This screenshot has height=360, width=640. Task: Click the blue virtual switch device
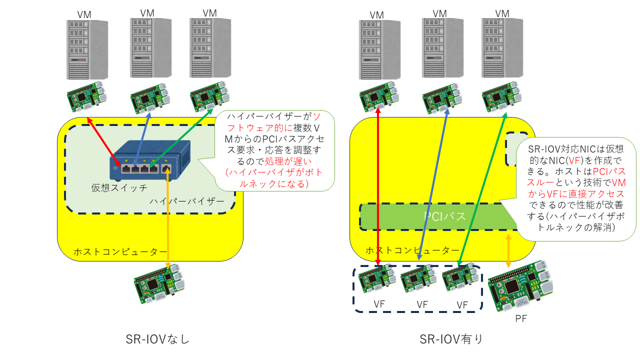click(150, 160)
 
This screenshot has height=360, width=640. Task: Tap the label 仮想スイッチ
click(119, 188)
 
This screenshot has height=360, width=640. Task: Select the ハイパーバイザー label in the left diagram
click(187, 201)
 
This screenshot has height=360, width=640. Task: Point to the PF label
click(521, 318)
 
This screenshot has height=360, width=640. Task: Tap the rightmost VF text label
click(462, 304)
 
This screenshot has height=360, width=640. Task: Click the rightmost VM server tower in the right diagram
click(501, 47)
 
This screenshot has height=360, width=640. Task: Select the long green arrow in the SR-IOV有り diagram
click(482, 190)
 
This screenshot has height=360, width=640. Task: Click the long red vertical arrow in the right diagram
click(377, 190)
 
